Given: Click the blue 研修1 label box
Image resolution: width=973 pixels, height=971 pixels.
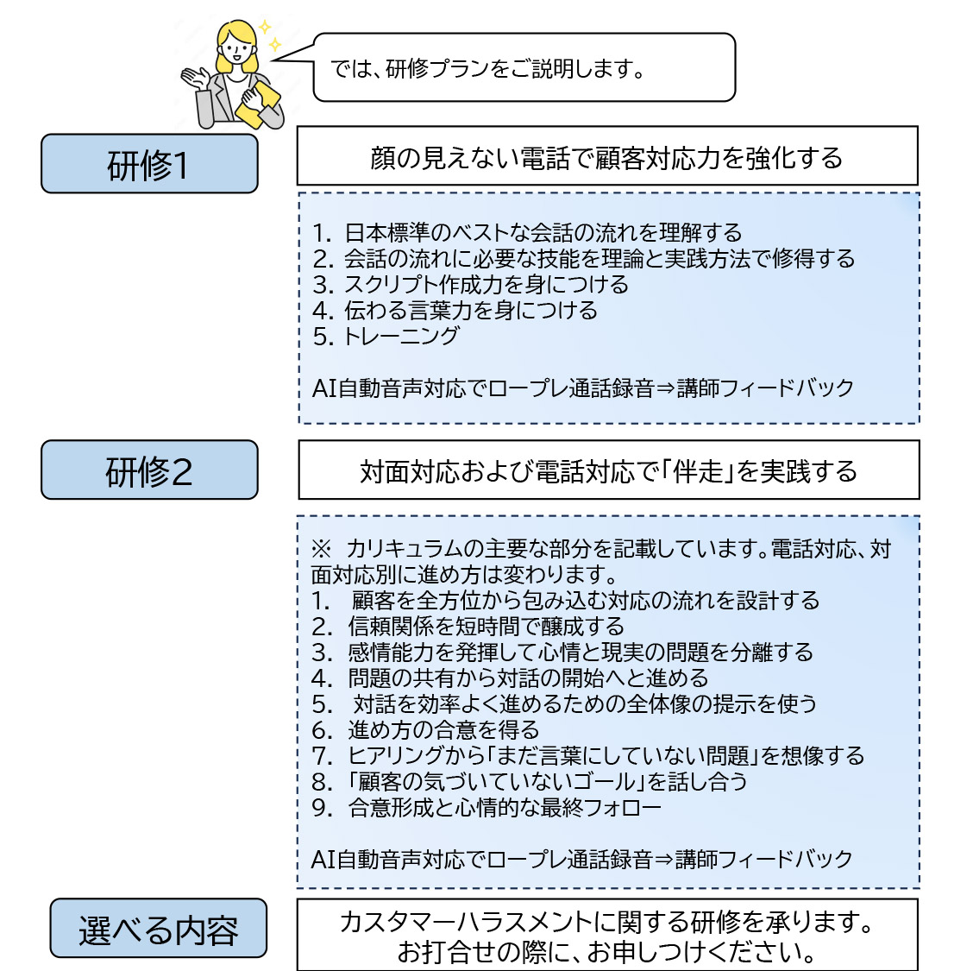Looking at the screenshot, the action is click(149, 164).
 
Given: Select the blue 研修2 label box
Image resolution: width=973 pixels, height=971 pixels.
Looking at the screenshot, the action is click(149, 470).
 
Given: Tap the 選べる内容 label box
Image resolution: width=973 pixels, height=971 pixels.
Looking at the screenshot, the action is click(158, 928).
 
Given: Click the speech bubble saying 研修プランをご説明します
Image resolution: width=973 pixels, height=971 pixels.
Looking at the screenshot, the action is click(524, 67).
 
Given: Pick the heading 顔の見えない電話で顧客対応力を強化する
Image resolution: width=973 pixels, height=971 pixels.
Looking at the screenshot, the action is click(607, 158).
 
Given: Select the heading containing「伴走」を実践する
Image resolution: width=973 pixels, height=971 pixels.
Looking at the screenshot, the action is click(608, 471).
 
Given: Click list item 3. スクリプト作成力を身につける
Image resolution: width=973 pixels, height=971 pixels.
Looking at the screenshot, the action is click(470, 284).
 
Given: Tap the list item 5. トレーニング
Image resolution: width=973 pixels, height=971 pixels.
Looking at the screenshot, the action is click(386, 336).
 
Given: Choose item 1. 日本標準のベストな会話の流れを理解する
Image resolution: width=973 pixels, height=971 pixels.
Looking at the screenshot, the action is click(527, 233).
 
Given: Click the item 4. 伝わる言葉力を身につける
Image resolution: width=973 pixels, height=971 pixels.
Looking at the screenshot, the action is click(455, 310).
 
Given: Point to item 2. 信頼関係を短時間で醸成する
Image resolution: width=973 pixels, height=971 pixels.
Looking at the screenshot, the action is click(468, 627).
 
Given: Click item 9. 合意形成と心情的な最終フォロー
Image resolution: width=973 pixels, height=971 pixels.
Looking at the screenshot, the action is click(486, 807).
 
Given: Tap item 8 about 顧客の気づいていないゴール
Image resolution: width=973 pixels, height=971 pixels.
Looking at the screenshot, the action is click(530, 781).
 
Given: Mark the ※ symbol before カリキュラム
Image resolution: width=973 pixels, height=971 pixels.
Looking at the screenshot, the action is click(322, 549).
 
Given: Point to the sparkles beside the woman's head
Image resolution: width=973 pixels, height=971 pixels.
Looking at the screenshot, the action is click(270, 35).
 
